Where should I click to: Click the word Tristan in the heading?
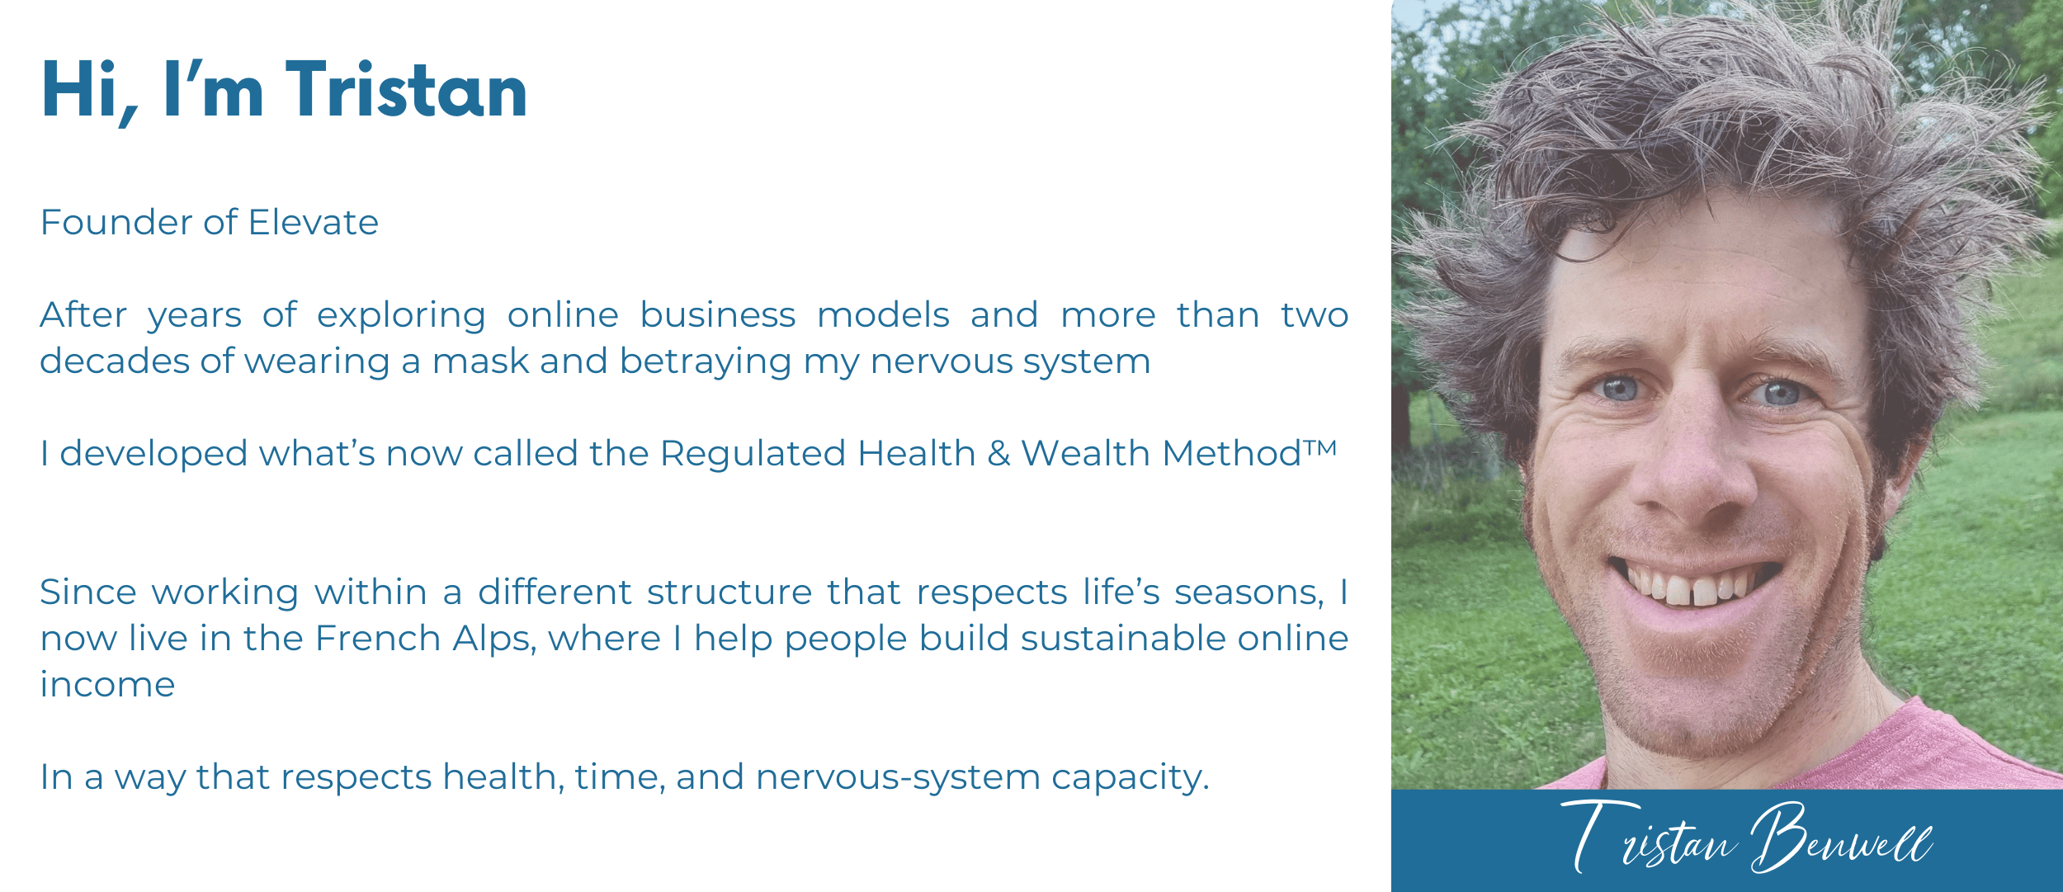pos(406,90)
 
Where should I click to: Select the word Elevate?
pos(313,223)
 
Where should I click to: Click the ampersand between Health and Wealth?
pos(998,454)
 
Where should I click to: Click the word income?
pos(108,685)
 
